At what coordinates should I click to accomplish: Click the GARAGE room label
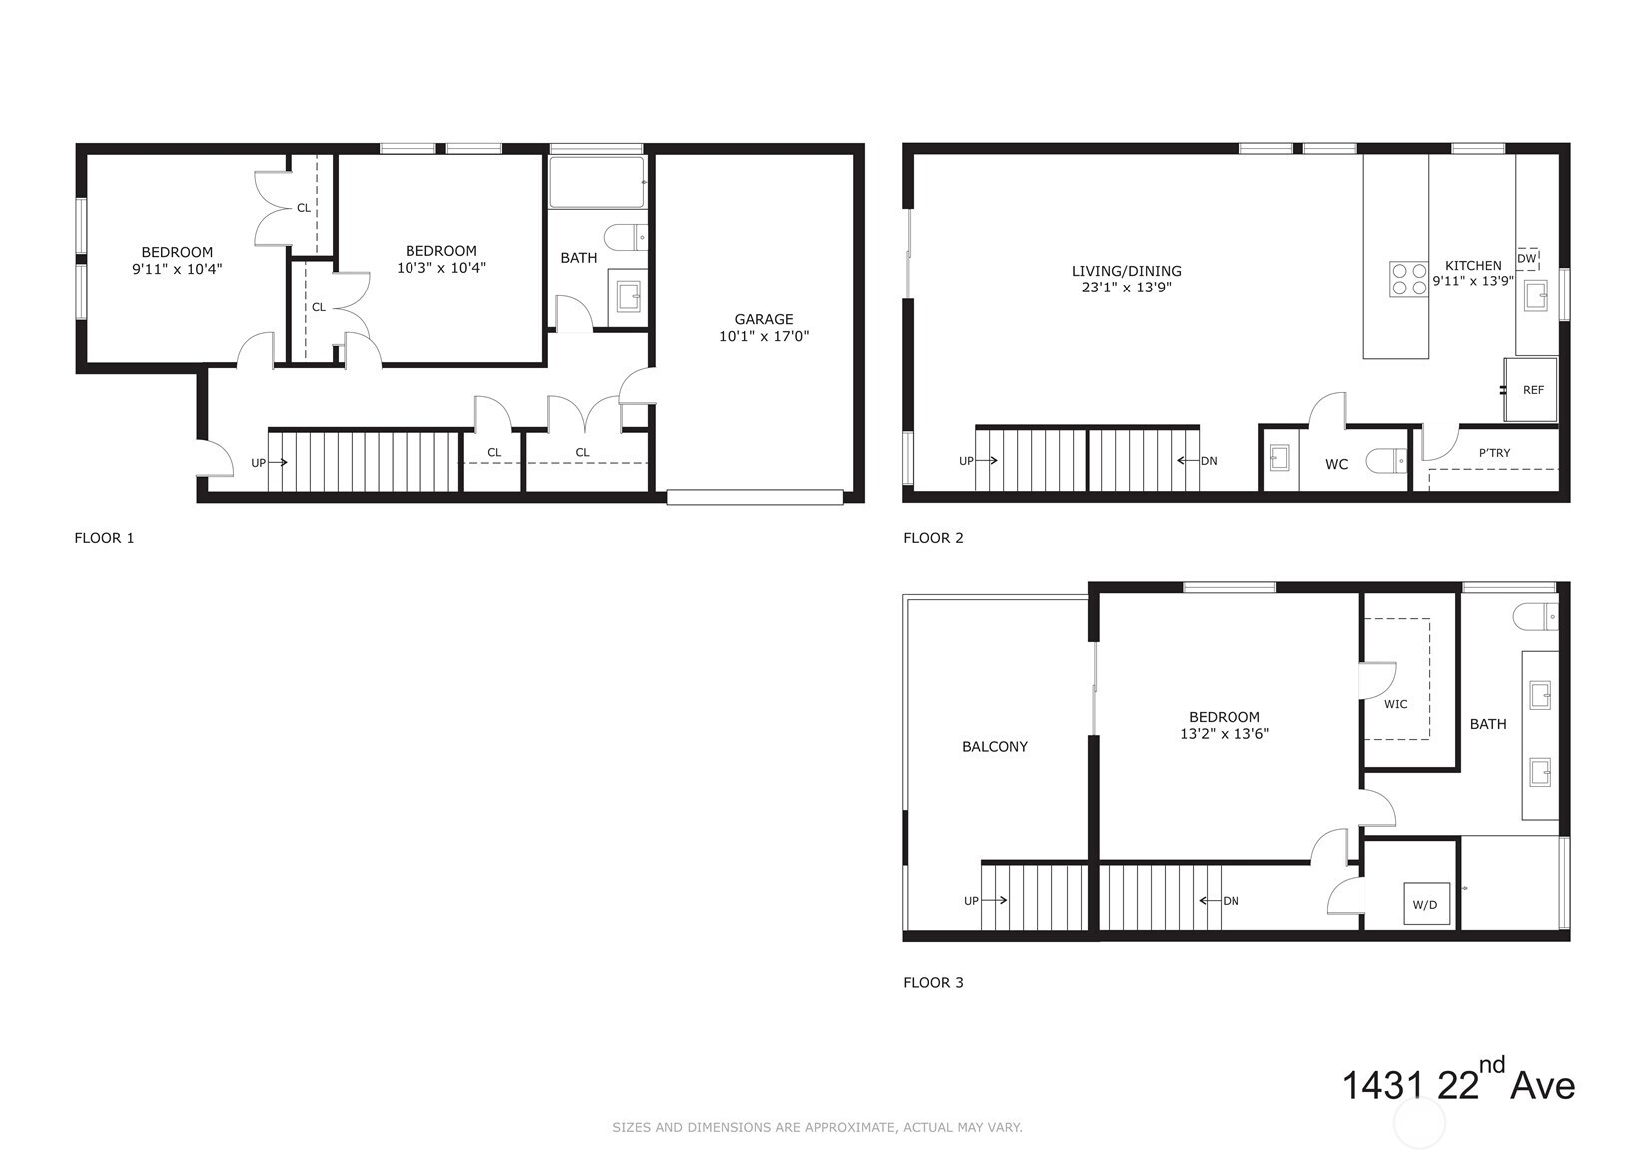[764, 319]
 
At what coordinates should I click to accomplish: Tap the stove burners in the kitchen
[1408, 279]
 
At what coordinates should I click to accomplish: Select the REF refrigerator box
[1532, 390]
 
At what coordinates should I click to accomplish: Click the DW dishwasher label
[1526, 259]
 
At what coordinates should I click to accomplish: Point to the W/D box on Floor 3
[1425, 904]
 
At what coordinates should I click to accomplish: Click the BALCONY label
[994, 746]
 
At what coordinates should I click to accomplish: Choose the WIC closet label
[1395, 704]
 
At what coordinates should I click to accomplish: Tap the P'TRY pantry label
[1494, 453]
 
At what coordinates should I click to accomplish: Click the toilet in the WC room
[1386, 461]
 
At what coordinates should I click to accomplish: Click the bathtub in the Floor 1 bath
[597, 182]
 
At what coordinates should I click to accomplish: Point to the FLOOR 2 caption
[933, 538]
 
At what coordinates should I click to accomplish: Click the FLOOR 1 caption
[104, 538]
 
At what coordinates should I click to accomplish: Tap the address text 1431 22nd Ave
[1457, 1083]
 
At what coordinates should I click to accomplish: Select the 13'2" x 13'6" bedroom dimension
[1225, 734]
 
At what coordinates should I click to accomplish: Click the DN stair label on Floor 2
[1209, 461]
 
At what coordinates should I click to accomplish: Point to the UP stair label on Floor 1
[258, 463]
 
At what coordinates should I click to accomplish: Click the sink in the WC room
[1279, 459]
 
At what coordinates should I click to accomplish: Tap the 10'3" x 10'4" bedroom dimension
[441, 268]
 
